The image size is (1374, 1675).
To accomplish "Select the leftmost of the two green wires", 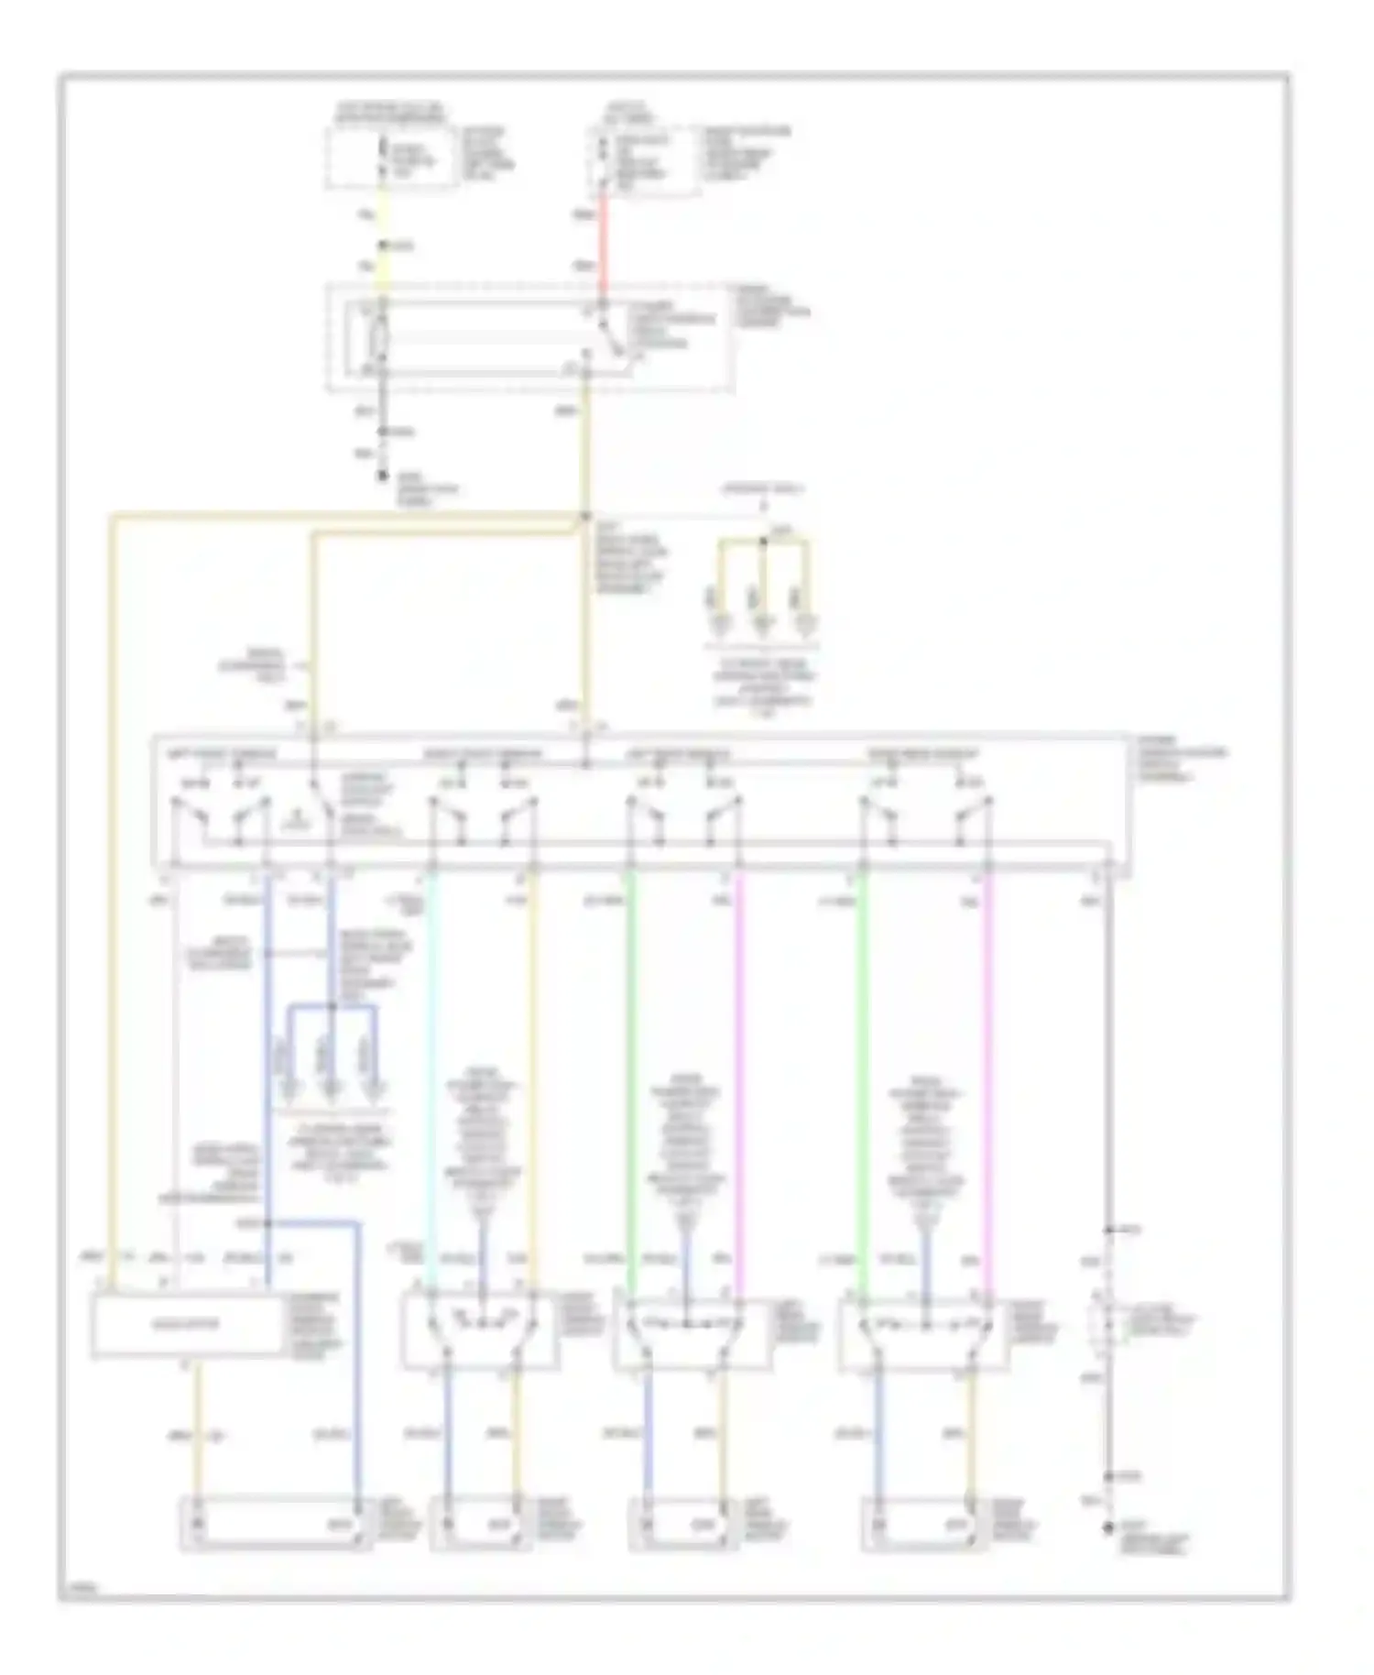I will (x=631, y=1054).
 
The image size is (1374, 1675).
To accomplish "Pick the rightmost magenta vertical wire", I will (x=987, y=1054).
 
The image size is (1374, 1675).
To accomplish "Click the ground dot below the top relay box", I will (x=384, y=476).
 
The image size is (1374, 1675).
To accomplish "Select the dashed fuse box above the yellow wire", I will (x=391, y=159).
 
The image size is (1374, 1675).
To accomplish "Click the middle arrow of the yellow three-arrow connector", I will (x=763, y=625).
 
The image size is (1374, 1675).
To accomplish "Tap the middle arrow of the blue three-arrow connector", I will (x=332, y=1086).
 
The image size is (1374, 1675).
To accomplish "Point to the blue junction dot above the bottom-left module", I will (x=267, y=1223).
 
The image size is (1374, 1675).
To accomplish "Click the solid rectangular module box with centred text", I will (x=188, y=1324).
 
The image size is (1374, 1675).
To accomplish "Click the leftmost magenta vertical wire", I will (x=740, y=1054).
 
